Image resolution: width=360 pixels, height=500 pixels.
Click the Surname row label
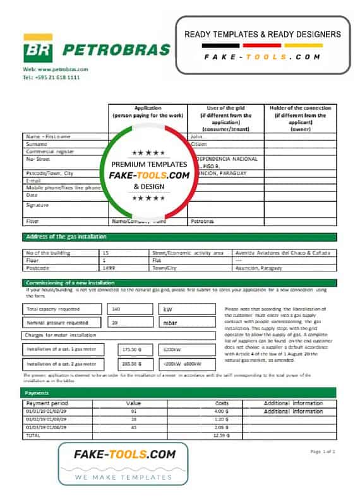(37, 144)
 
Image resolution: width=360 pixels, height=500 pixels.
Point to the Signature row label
(38, 205)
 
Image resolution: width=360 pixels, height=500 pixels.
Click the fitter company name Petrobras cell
(202, 222)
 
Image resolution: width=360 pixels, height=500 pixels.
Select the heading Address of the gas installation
(66, 237)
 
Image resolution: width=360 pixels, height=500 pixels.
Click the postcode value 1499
(109, 268)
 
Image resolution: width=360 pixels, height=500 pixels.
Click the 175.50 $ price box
(131, 348)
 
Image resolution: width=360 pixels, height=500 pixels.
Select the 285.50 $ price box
(131, 364)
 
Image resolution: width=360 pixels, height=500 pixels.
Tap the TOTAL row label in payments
(34, 436)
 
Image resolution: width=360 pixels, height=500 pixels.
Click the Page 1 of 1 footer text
(323, 451)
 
